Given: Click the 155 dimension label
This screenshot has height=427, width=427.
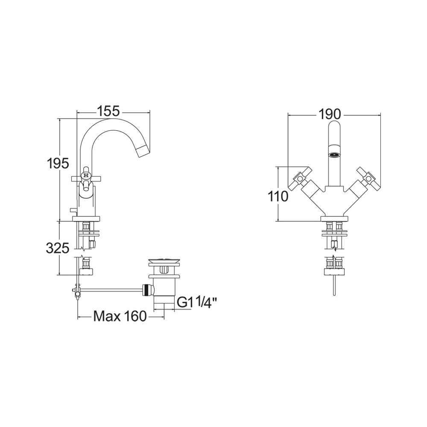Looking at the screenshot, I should point(108,112).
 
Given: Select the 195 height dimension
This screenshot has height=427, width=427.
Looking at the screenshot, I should point(57,164).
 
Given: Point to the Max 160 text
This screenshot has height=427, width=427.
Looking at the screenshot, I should point(120,316).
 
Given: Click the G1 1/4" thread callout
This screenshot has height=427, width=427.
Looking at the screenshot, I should point(197,303).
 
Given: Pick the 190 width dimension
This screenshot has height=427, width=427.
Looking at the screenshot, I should point(329,114).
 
